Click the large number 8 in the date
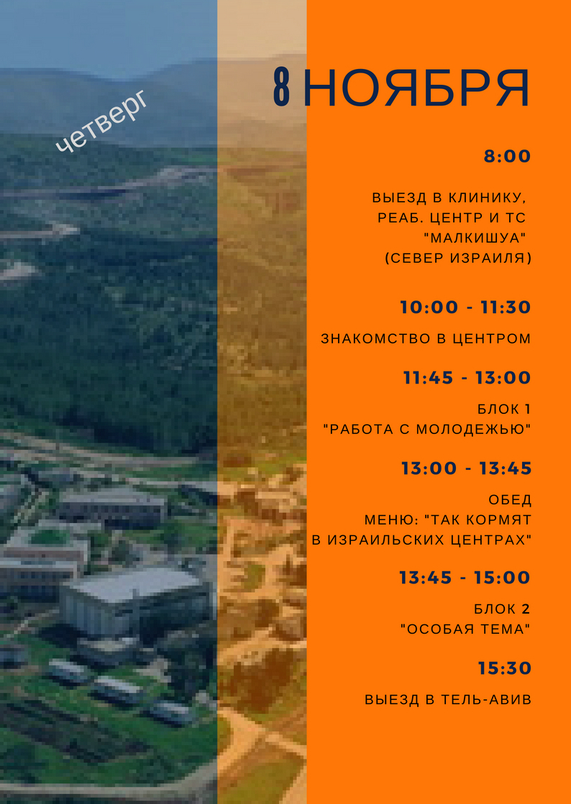click(x=282, y=87)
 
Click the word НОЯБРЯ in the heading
click(x=416, y=88)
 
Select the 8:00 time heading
click(x=508, y=157)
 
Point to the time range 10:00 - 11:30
click(x=465, y=307)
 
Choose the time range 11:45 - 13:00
click(x=467, y=377)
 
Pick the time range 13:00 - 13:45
click(x=466, y=468)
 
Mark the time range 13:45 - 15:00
click(x=465, y=578)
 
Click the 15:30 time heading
click(x=505, y=668)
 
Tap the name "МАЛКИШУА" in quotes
click(x=475, y=238)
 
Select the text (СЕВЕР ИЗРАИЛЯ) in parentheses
click(x=458, y=259)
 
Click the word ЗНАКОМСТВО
click(x=368, y=338)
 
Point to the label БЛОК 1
click(x=504, y=409)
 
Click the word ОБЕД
click(x=510, y=500)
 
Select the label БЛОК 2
click(x=502, y=609)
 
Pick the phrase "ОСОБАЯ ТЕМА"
click(x=465, y=629)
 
